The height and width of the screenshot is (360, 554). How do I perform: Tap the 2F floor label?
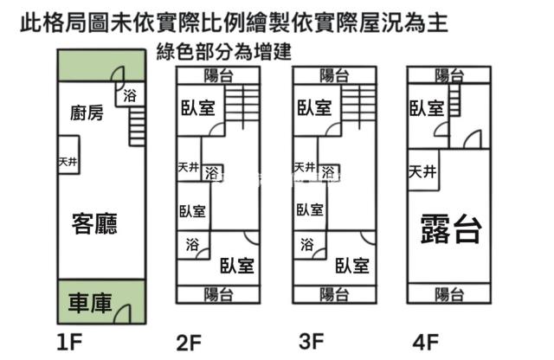pyautogui.click(x=189, y=344)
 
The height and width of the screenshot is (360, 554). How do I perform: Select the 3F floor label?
pyautogui.click(x=311, y=342)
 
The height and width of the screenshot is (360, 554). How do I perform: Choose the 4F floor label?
pyautogui.click(x=426, y=343)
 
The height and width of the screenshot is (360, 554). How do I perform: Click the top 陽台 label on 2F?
pyautogui.click(x=217, y=76)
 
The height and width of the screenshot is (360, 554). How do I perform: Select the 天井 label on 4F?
pyautogui.click(x=423, y=170)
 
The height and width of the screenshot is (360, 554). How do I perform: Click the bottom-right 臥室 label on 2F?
pyautogui.click(x=235, y=265)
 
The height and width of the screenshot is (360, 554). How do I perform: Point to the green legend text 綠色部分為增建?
pyautogui.click(x=221, y=53)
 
